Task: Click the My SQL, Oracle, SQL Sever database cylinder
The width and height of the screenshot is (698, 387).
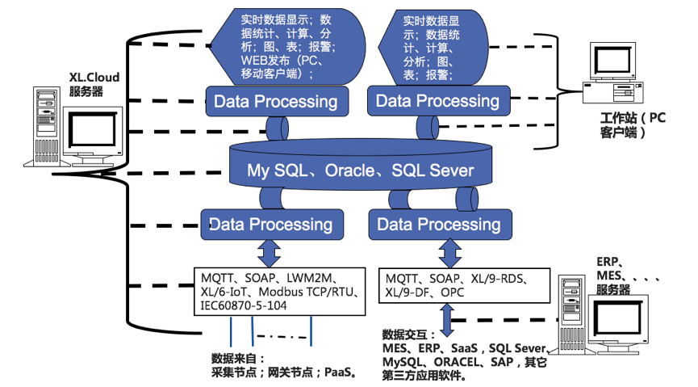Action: (x=360, y=170)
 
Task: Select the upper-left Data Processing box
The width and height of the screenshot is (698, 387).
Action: (x=275, y=102)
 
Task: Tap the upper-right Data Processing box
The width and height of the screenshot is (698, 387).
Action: (x=437, y=102)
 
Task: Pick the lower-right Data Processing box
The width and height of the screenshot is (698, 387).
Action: (x=439, y=224)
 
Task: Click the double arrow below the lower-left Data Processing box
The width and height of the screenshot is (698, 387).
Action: (x=269, y=251)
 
